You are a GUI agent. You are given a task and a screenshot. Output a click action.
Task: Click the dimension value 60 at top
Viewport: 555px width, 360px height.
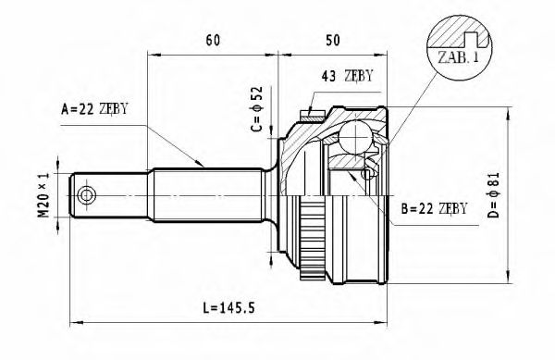(x=212, y=40)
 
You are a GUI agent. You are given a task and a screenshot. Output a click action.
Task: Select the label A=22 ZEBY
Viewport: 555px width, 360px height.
(x=94, y=109)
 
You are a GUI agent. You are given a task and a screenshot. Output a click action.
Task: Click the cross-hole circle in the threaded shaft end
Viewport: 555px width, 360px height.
(x=87, y=195)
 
